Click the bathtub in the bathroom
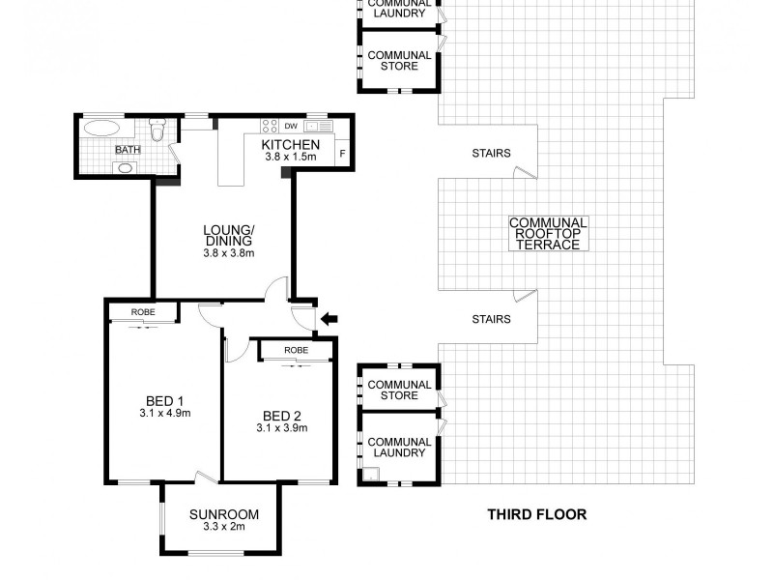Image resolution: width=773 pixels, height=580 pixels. click(x=102, y=128)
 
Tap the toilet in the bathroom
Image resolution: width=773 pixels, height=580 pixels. click(x=159, y=129)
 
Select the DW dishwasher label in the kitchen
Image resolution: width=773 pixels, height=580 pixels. click(x=290, y=126)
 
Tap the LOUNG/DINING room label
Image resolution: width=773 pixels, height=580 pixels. click(x=228, y=235)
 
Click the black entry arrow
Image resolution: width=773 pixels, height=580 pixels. click(x=329, y=318)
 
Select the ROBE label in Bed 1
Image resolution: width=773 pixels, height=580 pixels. click(x=142, y=312)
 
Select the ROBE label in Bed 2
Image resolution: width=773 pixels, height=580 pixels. click(x=296, y=350)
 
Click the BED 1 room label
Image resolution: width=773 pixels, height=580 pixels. click(x=164, y=401)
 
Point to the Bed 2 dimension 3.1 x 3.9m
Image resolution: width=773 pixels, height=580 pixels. click(x=281, y=427)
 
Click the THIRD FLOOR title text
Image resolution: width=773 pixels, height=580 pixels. click(x=536, y=514)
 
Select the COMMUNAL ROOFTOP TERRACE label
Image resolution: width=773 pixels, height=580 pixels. click(x=548, y=234)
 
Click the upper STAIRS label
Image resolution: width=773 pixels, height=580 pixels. click(x=491, y=154)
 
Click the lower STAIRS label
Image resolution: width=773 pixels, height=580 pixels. click(x=491, y=318)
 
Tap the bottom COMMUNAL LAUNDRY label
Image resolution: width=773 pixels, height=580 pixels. click(x=399, y=447)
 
